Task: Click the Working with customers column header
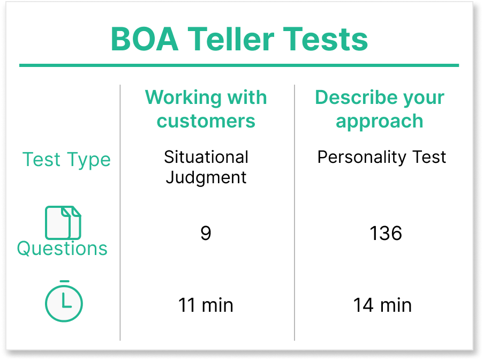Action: click(x=206, y=109)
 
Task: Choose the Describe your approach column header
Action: click(x=380, y=109)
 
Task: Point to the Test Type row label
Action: click(x=66, y=160)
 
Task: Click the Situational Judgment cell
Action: click(x=206, y=167)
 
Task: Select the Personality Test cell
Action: click(x=382, y=157)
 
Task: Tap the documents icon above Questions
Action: click(x=63, y=222)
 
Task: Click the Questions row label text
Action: click(x=62, y=249)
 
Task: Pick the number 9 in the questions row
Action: click(x=206, y=233)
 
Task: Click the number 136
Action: click(x=386, y=233)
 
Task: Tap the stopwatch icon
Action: click(x=64, y=301)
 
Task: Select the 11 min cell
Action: click(x=206, y=305)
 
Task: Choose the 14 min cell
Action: click(x=382, y=305)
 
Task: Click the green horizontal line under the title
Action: click(x=239, y=65)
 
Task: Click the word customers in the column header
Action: click(x=206, y=121)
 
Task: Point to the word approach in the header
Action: click(x=380, y=121)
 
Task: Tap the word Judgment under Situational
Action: click(x=206, y=177)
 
